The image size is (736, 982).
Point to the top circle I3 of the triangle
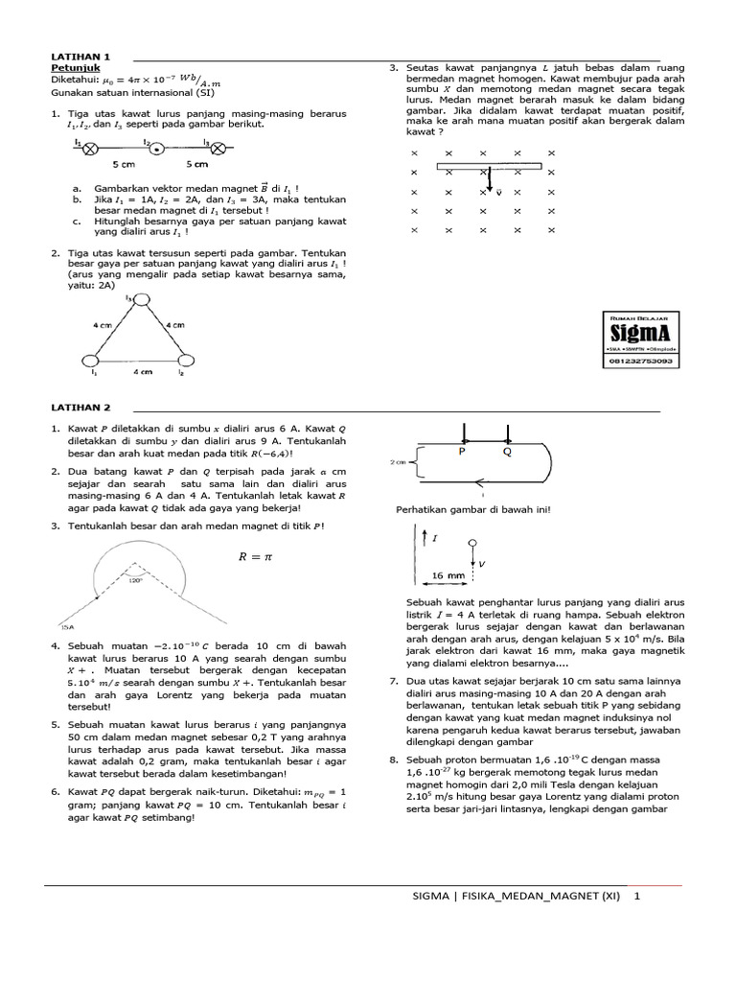coord(141,302)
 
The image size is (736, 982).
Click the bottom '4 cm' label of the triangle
coord(141,371)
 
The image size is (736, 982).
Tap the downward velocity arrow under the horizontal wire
coord(489,180)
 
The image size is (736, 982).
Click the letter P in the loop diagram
coord(461,451)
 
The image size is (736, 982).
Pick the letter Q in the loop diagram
coord(507,451)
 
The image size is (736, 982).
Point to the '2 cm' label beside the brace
coord(400,461)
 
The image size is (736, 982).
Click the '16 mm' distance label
coord(447,575)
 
